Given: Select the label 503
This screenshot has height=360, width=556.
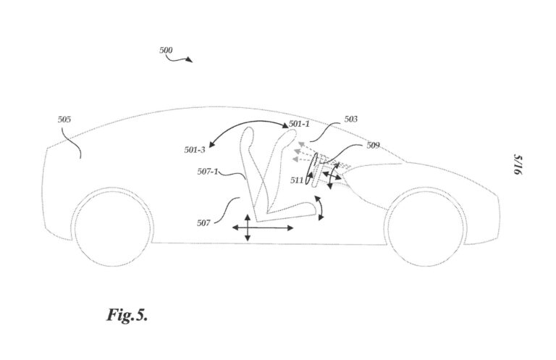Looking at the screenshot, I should (x=350, y=119).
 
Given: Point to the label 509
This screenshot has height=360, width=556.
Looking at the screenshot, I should (x=372, y=145).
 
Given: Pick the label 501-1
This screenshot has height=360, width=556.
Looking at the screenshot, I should (x=299, y=124).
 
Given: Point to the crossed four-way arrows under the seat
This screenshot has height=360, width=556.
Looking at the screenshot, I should (x=247, y=228).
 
